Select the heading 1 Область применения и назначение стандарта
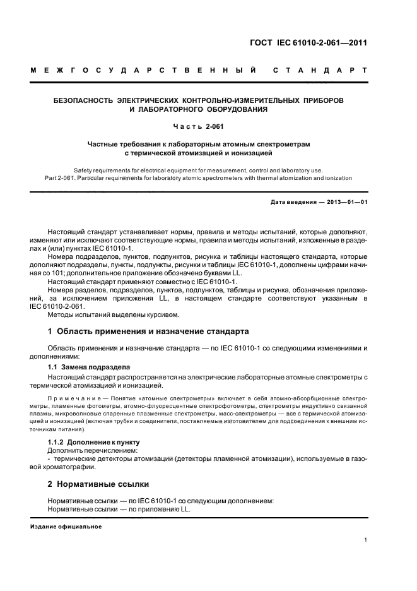(148, 331)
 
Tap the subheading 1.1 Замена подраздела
(89, 366)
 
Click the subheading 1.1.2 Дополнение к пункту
(93, 442)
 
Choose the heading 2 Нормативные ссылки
(98, 484)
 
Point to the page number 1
(365, 540)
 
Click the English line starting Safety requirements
(198, 170)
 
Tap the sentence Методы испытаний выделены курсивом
(114, 314)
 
